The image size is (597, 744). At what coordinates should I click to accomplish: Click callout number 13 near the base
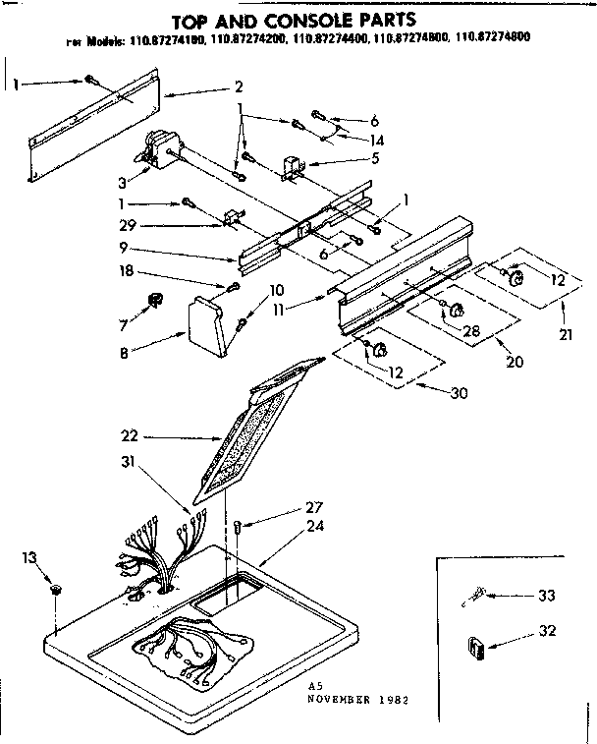(30, 559)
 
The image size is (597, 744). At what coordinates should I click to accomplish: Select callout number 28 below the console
(471, 330)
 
